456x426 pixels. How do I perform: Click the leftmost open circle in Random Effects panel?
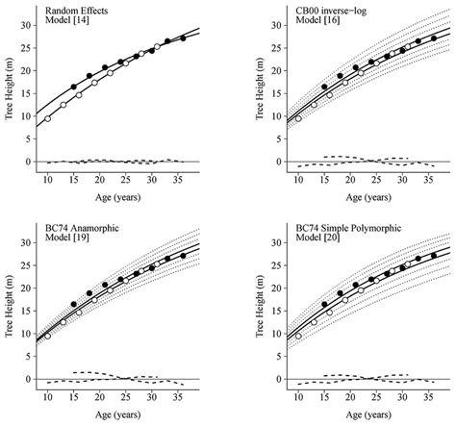(x=47, y=118)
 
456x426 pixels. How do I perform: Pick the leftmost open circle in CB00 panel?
(x=298, y=118)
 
